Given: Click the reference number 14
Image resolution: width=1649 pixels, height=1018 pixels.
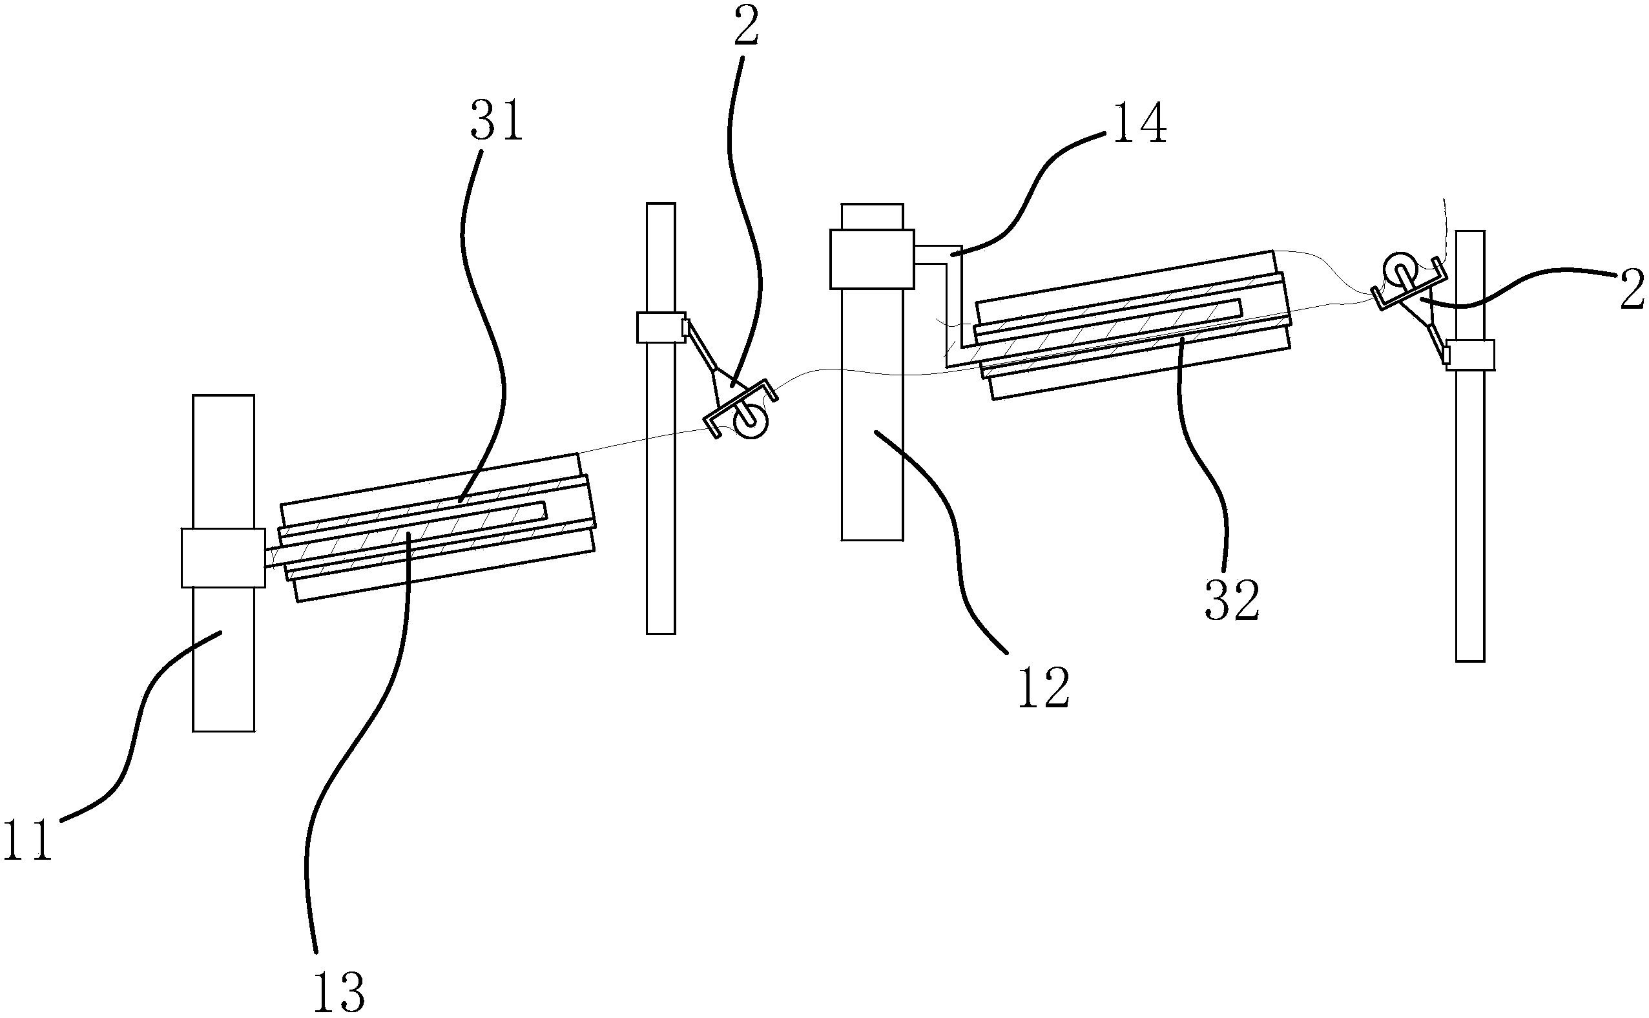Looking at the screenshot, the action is click(1140, 123).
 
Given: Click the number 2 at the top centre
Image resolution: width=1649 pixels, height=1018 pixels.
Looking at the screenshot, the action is click(747, 25).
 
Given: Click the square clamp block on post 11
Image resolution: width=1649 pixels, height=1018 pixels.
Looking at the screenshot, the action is click(223, 558).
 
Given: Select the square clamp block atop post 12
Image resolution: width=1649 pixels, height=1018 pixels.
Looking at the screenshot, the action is click(872, 259).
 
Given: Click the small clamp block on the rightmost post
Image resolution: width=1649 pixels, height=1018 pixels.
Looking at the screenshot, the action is click(1470, 355).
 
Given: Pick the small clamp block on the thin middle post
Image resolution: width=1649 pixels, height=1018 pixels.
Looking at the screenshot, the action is click(661, 327).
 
